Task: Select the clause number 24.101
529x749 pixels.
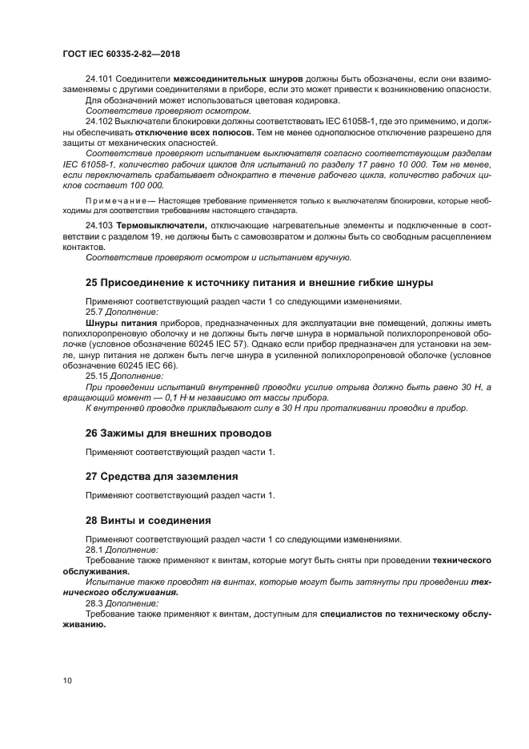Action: (x=99, y=80)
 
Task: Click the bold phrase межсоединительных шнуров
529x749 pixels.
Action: (x=238, y=80)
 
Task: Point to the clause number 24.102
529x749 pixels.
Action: (x=99, y=121)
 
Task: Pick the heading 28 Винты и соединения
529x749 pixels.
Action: (x=148, y=520)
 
